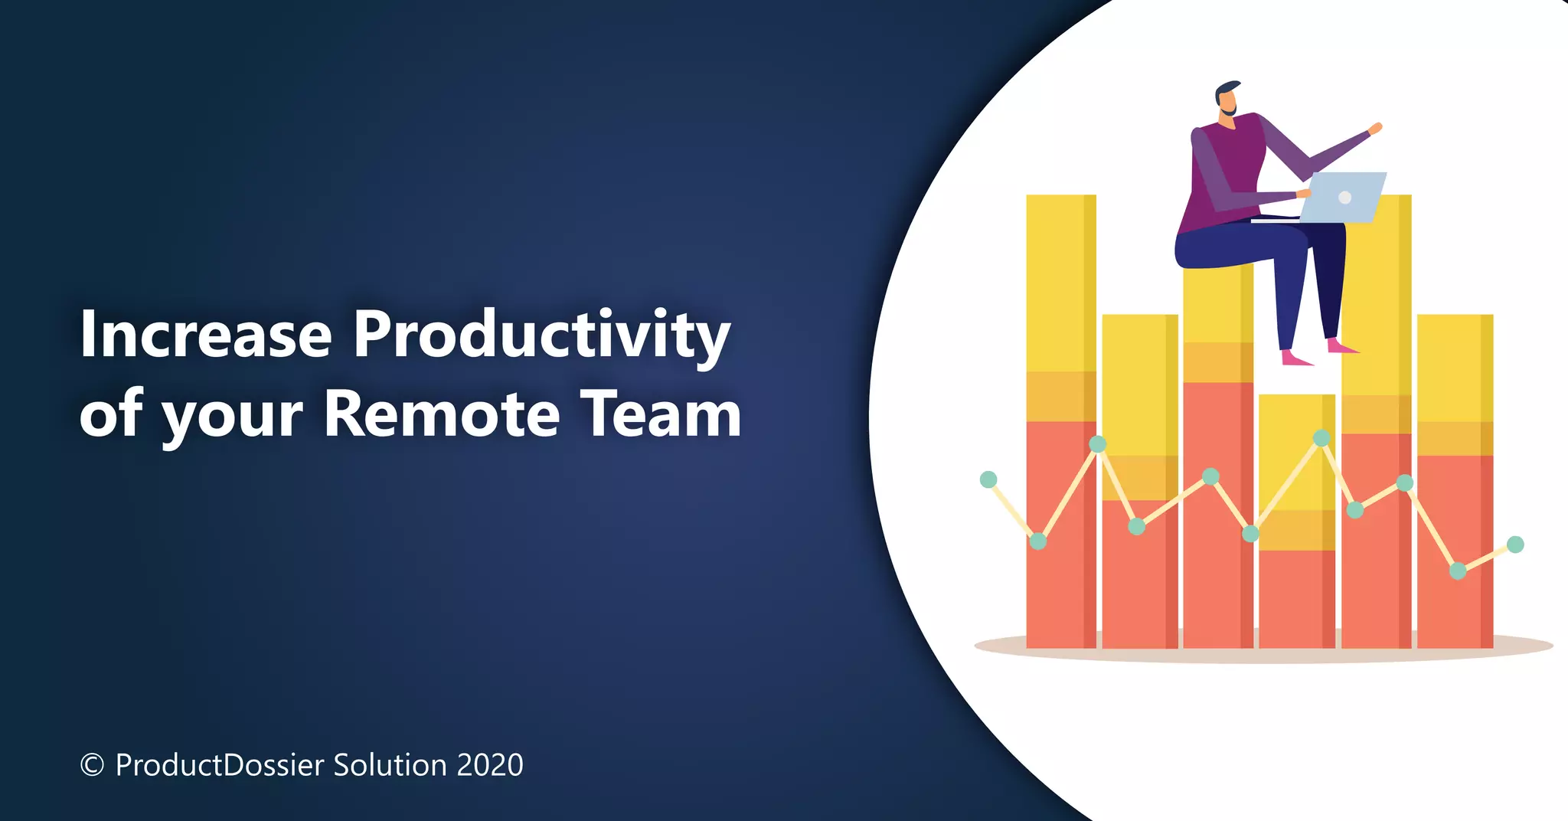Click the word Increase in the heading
coord(205,335)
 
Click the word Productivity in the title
coord(541,335)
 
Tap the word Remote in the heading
coord(442,414)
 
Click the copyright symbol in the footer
coord(92,765)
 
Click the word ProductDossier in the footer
coord(220,765)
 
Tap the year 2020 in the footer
coord(490,765)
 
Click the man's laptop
coord(1341,198)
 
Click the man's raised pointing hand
coord(1375,129)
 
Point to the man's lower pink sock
coord(1295,358)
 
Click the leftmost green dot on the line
coord(988,480)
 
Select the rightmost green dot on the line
coord(1515,545)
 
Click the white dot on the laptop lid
coord(1344,198)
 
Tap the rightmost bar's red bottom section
coord(1453,551)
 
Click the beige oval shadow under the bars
coord(995,646)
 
